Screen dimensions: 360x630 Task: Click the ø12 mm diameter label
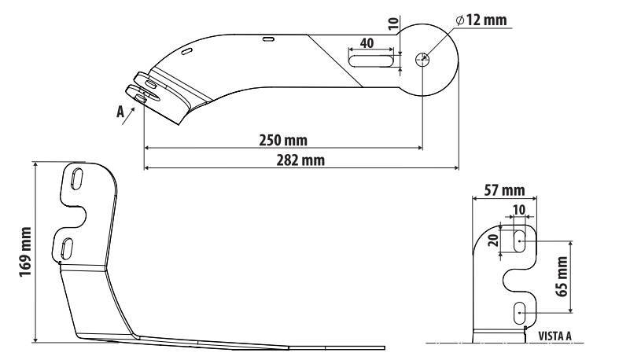[x=481, y=20]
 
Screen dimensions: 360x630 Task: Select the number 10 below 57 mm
[x=518, y=209]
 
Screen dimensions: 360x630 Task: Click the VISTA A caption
[x=554, y=336]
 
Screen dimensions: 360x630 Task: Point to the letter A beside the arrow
[x=120, y=112]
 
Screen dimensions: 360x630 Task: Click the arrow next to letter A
[x=134, y=107]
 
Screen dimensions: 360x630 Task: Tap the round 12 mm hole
[x=423, y=58]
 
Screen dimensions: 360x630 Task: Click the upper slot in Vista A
[x=520, y=241]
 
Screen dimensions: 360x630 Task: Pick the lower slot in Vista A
[x=520, y=313]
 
